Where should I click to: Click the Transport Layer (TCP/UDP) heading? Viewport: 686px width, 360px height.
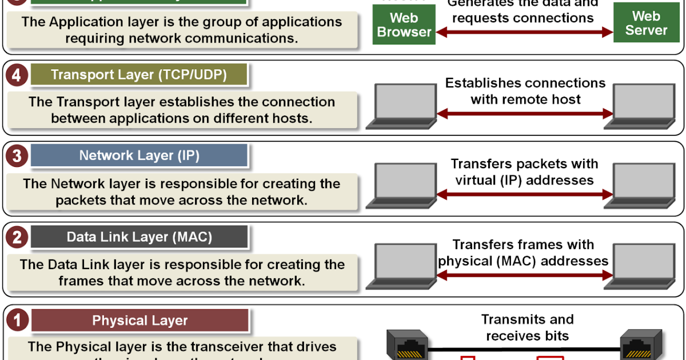139,75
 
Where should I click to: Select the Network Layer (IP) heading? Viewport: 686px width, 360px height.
139,155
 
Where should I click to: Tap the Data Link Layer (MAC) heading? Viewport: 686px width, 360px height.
139,237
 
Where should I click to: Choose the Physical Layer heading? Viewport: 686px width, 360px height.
139,321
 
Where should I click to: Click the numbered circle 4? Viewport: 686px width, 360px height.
16,75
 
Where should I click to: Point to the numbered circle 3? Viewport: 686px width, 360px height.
16,156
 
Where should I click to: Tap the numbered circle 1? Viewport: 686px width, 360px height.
16,321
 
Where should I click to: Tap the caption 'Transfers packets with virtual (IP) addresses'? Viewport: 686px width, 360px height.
525,172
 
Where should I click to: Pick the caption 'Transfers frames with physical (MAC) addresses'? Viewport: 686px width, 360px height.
524,253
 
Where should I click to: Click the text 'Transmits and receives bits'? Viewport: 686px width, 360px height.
527,327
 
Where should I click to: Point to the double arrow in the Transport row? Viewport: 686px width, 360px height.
525,114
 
